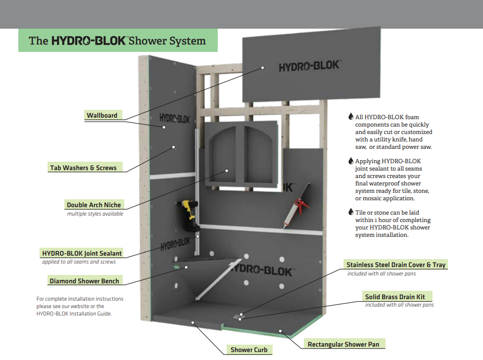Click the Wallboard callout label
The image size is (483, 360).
click(102, 115)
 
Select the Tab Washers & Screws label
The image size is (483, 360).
click(83, 168)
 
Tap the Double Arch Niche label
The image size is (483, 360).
click(94, 205)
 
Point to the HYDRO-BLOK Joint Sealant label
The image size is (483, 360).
click(82, 253)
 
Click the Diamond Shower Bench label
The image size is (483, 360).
click(84, 281)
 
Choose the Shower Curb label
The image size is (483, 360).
click(249, 350)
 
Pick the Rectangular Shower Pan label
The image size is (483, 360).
click(346, 344)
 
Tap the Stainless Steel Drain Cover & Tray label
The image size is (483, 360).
click(396, 265)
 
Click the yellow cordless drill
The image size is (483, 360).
click(187, 215)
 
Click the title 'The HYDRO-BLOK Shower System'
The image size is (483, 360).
click(117, 41)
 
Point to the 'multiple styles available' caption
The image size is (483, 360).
click(95, 214)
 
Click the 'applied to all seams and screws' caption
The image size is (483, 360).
click(79, 262)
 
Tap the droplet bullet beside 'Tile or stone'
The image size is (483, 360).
click(351, 212)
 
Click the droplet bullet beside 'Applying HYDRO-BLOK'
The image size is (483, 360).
click(351, 161)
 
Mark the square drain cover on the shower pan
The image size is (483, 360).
click(241, 315)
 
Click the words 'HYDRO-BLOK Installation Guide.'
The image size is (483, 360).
click(74, 314)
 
